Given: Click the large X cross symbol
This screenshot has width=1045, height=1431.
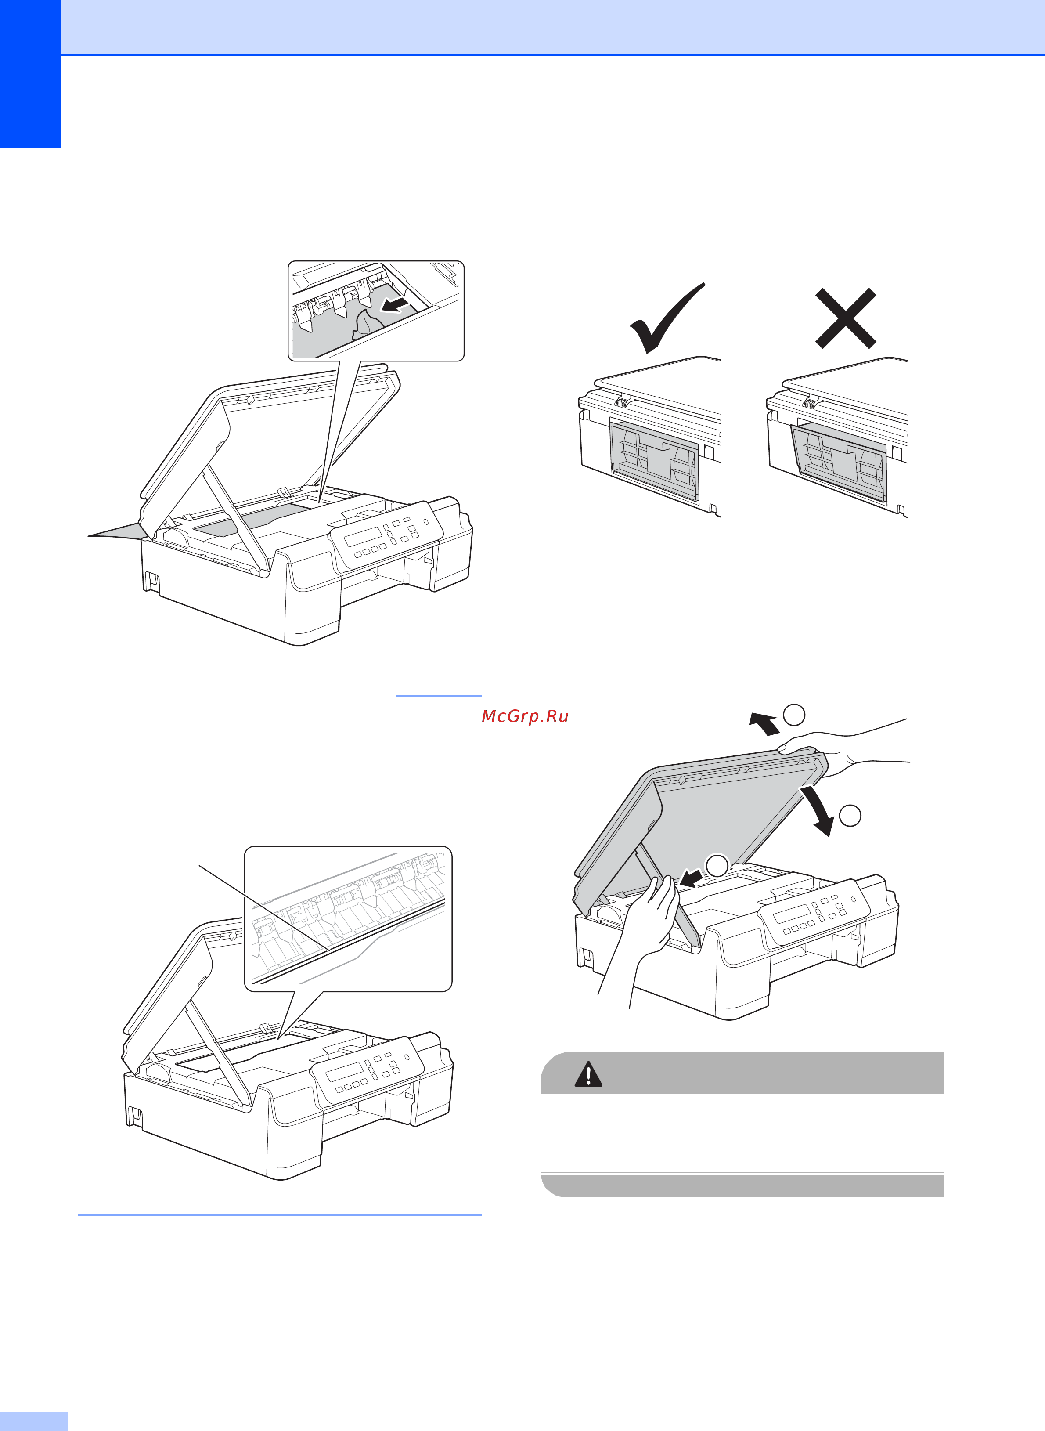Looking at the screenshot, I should pos(845,318).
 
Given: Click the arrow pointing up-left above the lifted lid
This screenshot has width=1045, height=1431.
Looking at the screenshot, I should pos(764,723).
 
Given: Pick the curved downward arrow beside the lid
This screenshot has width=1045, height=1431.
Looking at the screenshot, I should pos(817,810).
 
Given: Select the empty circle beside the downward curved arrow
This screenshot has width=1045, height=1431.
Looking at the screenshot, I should pos(850,816).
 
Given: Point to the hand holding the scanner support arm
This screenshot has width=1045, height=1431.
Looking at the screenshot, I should pos(649,917).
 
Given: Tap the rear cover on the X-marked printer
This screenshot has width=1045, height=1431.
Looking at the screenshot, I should pos(840,462).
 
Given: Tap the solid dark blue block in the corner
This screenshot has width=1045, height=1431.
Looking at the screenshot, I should pos(30,74).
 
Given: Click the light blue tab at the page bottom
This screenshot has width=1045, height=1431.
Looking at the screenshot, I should pos(33,1420).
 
